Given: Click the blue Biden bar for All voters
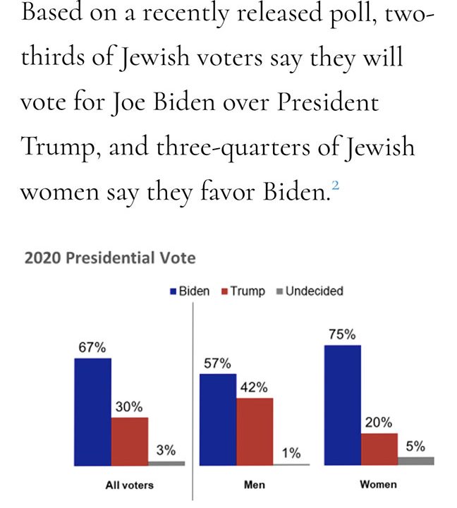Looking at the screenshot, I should (92, 411).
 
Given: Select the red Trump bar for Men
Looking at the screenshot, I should (255, 431).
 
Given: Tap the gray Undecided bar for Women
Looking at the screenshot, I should (416, 461).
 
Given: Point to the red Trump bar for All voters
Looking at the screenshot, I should (130, 441).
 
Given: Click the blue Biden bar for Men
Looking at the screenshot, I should (218, 419).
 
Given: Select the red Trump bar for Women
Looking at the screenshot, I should (379, 449).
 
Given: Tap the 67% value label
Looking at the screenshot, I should (92, 348).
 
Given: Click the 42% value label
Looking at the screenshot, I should (255, 387).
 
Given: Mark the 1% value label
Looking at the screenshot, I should (291, 453).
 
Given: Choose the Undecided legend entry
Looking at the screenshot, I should (309, 291).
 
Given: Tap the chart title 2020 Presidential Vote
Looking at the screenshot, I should (110, 258).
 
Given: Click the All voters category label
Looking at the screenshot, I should (129, 485).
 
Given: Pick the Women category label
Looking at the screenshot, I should (378, 484).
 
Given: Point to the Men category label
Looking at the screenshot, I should (254, 485).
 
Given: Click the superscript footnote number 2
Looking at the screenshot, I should (336, 186).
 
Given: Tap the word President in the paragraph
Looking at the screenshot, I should (327, 103).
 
